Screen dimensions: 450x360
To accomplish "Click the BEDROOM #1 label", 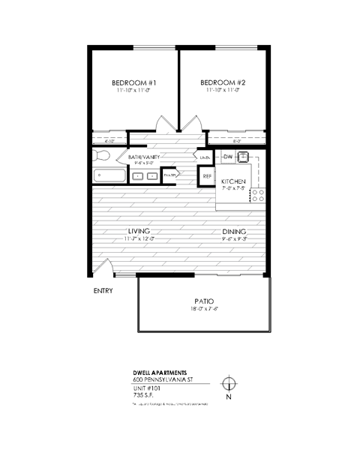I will tap(133, 82).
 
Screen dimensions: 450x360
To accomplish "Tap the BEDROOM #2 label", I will tap(223, 82).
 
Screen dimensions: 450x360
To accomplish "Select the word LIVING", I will tap(139, 231).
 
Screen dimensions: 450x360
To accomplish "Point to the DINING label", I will tap(235, 231).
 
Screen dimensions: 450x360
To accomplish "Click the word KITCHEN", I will tap(234, 181).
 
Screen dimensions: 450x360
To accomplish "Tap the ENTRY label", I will tap(103, 290).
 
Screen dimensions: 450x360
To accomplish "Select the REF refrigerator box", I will tap(207, 177).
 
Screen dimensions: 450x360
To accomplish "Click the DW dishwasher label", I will tap(228, 156).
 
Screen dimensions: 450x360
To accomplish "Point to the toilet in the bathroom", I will tap(103, 156).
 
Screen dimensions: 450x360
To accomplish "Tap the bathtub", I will tap(109, 175).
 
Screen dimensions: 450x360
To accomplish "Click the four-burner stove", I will tap(258, 195).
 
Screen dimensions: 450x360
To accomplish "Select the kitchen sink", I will tap(244, 157).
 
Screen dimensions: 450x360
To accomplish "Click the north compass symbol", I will tap(229, 385).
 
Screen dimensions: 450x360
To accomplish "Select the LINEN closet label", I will tap(204, 157).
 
